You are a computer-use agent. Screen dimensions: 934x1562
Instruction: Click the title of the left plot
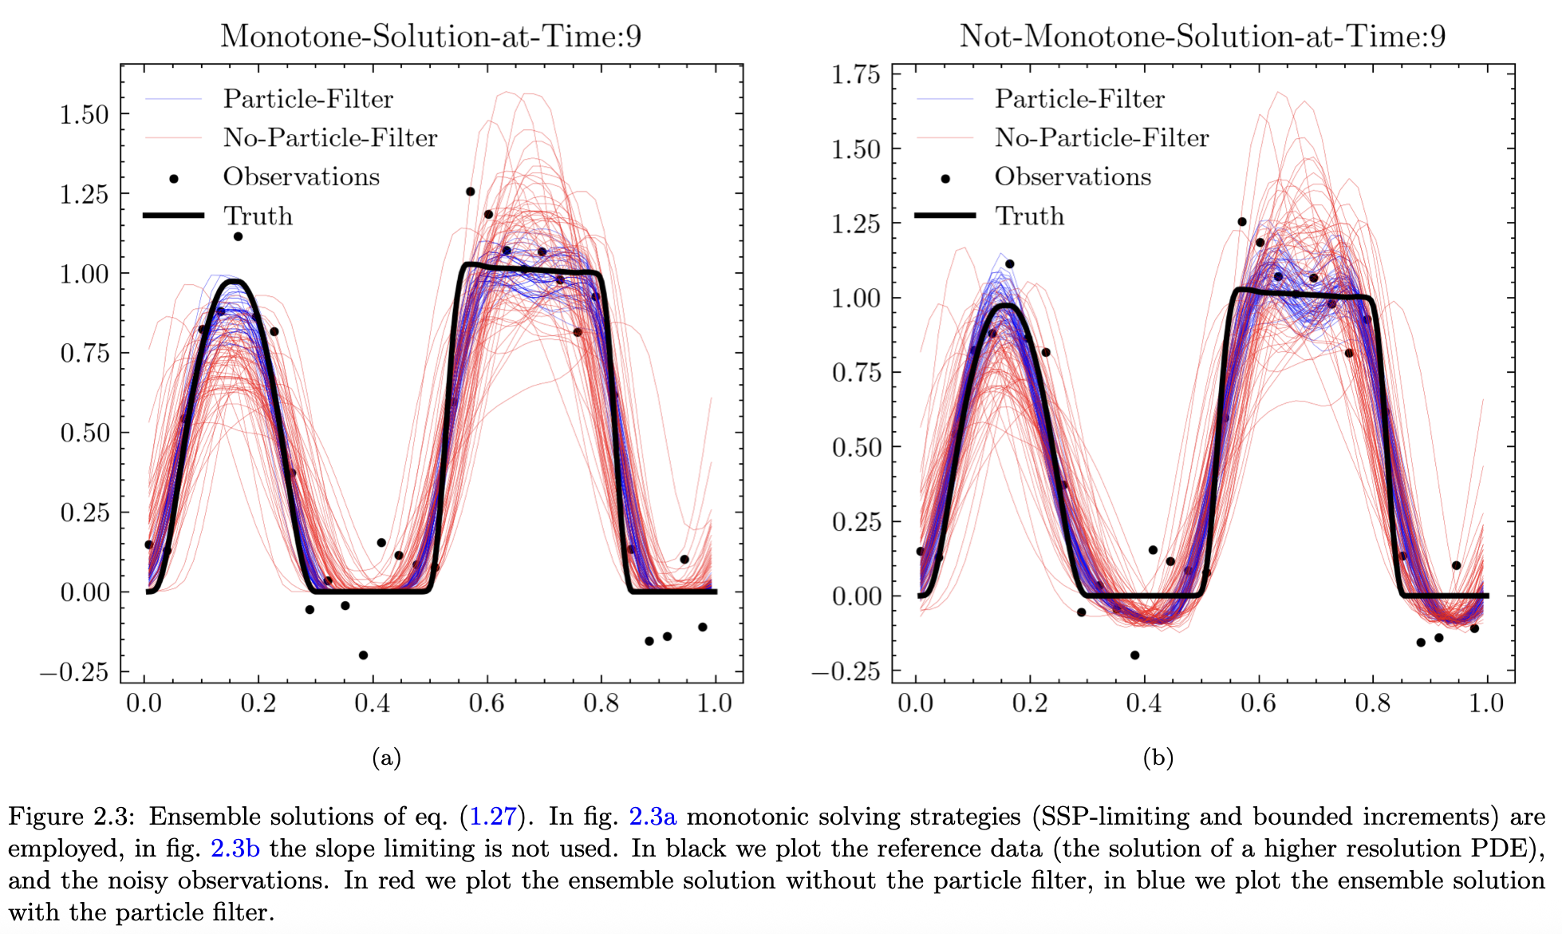click(x=431, y=36)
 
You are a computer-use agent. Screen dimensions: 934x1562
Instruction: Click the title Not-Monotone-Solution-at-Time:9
click(x=1202, y=36)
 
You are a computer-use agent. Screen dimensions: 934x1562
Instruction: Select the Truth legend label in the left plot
click(x=258, y=216)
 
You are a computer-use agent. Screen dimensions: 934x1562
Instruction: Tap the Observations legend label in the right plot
click(x=1072, y=176)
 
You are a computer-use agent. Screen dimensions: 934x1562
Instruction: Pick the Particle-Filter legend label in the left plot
click(x=308, y=99)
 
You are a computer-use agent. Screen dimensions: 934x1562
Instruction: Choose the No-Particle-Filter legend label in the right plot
click(x=1101, y=138)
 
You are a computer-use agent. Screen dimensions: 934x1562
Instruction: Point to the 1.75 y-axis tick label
click(x=855, y=75)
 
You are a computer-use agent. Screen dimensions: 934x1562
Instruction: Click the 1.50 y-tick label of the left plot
click(x=84, y=115)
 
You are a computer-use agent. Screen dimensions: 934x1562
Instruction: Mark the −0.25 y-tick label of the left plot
click(x=74, y=672)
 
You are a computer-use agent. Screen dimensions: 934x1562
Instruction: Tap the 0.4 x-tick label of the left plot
click(x=373, y=703)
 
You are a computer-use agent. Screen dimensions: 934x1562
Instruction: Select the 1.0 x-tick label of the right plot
click(x=1486, y=703)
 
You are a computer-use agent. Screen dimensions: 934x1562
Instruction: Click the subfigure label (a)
click(x=386, y=758)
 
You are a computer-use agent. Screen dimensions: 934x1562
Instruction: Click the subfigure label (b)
click(x=1158, y=758)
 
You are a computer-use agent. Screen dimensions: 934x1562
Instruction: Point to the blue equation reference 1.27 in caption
click(x=492, y=817)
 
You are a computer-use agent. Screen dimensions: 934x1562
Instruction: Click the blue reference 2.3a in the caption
click(x=652, y=817)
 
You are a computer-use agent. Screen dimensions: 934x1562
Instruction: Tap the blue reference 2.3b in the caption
click(x=235, y=849)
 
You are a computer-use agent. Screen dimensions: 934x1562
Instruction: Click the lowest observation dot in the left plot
click(x=363, y=655)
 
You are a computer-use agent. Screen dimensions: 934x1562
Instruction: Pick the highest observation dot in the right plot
click(x=1242, y=222)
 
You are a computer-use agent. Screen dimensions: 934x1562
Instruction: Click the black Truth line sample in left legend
click(x=173, y=216)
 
